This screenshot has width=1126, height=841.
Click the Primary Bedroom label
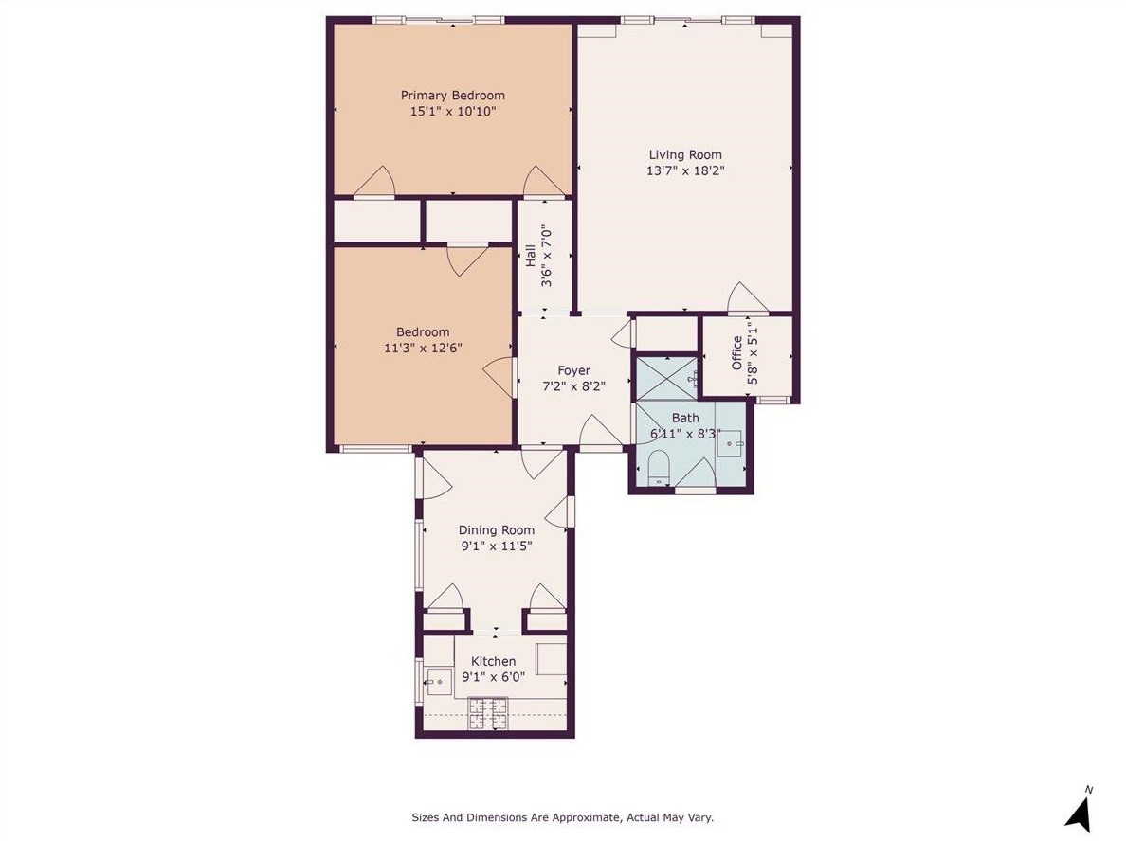452,95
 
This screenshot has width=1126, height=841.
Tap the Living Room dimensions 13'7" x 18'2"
685,171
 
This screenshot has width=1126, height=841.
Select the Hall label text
530,256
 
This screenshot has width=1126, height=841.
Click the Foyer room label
573,370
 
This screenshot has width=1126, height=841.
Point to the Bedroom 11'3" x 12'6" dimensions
423,348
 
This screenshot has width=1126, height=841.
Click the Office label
737,352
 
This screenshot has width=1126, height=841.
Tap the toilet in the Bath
659,467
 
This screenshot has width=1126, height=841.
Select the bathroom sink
731,442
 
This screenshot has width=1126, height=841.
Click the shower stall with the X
665,377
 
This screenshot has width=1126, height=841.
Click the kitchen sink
438,679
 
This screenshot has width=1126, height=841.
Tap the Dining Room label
497,530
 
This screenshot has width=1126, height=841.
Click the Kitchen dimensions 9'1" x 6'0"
493,677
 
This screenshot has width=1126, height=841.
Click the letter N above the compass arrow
1089,789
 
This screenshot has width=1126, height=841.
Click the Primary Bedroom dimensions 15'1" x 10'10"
452,111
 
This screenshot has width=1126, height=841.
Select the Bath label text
685,418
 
